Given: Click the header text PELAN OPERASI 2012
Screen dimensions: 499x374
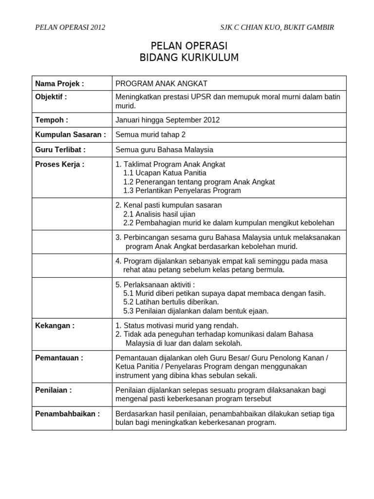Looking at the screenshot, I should tap(70, 27).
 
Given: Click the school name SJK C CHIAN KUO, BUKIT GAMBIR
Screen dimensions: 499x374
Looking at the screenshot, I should tap(277, 27).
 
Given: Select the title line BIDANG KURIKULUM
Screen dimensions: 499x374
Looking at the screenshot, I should tap(189, 58).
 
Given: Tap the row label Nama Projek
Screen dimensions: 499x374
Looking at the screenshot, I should tap(59, 83).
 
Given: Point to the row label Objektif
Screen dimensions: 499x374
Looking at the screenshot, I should tap(51, 96).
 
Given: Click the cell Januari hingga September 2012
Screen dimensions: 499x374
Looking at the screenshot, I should tap(168, 120).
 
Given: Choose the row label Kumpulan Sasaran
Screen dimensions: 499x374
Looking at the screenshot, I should tap(71, 134).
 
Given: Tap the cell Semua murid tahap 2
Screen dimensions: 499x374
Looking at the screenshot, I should tap(150, 134).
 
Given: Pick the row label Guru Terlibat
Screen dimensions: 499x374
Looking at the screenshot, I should tap(60, 150).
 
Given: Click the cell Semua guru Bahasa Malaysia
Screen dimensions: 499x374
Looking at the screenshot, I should tap(164, 150).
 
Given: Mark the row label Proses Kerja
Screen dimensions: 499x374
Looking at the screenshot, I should tap(60, 164).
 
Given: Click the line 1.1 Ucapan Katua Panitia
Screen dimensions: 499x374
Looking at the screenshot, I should tap(165, 173).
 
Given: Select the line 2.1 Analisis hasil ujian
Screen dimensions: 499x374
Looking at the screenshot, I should tap(159, 214).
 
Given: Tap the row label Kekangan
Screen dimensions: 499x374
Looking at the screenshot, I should tap(55, 326).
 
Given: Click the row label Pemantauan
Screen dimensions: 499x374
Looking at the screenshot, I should tap(59, 358).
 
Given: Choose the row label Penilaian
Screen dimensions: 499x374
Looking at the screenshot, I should tap(54, 390).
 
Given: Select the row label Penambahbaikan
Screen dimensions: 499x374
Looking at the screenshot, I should tap(68, 414).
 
